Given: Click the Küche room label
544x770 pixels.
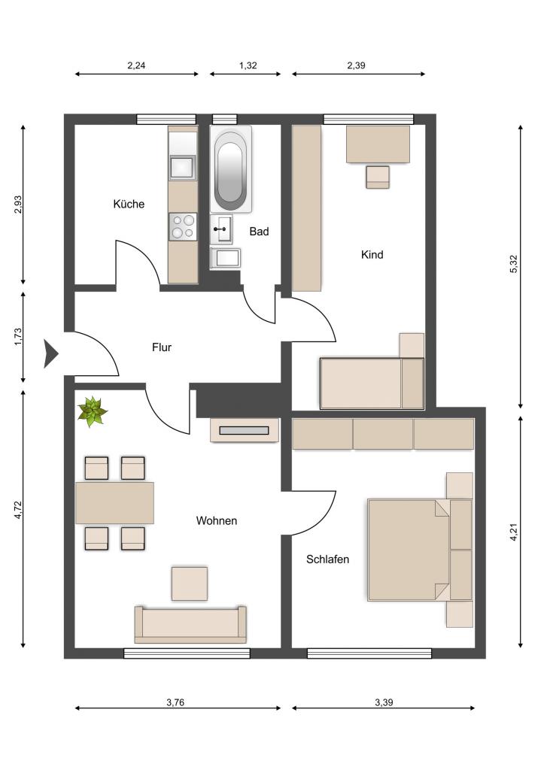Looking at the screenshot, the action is [x=129, y=204].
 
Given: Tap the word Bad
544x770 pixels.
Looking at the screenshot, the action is [x=259, y=232].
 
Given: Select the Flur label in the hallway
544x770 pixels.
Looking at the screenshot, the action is [x=162, y=347].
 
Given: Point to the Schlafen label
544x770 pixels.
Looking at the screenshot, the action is [x=327, y=559].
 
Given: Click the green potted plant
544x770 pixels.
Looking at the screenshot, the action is [x=92, y=411].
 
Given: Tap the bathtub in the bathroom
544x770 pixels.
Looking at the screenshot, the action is [x=231, y=169].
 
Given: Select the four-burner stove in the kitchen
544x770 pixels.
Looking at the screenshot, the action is [x=183, y=227].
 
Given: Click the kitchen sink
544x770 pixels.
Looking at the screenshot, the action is [x=182, y=168].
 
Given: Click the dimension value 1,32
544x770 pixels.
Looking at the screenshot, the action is [x=248, y=65].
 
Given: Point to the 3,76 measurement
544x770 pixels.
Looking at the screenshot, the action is [x=175, y=702].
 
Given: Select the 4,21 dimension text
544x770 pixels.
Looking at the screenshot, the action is [x=514, y=532].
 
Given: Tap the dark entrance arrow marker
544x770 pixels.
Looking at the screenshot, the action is [x=50, y=353].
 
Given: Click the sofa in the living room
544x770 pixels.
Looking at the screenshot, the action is [x=190, y=625].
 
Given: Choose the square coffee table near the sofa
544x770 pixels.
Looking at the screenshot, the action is [x=189, y=584].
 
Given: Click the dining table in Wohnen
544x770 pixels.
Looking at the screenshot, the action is [x=114, y=503].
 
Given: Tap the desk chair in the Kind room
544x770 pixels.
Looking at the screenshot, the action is [x=378, y=177].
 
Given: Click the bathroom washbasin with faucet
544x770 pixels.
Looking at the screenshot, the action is [x=222, y=229].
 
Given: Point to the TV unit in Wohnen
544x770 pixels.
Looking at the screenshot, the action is [x=245, y=430].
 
